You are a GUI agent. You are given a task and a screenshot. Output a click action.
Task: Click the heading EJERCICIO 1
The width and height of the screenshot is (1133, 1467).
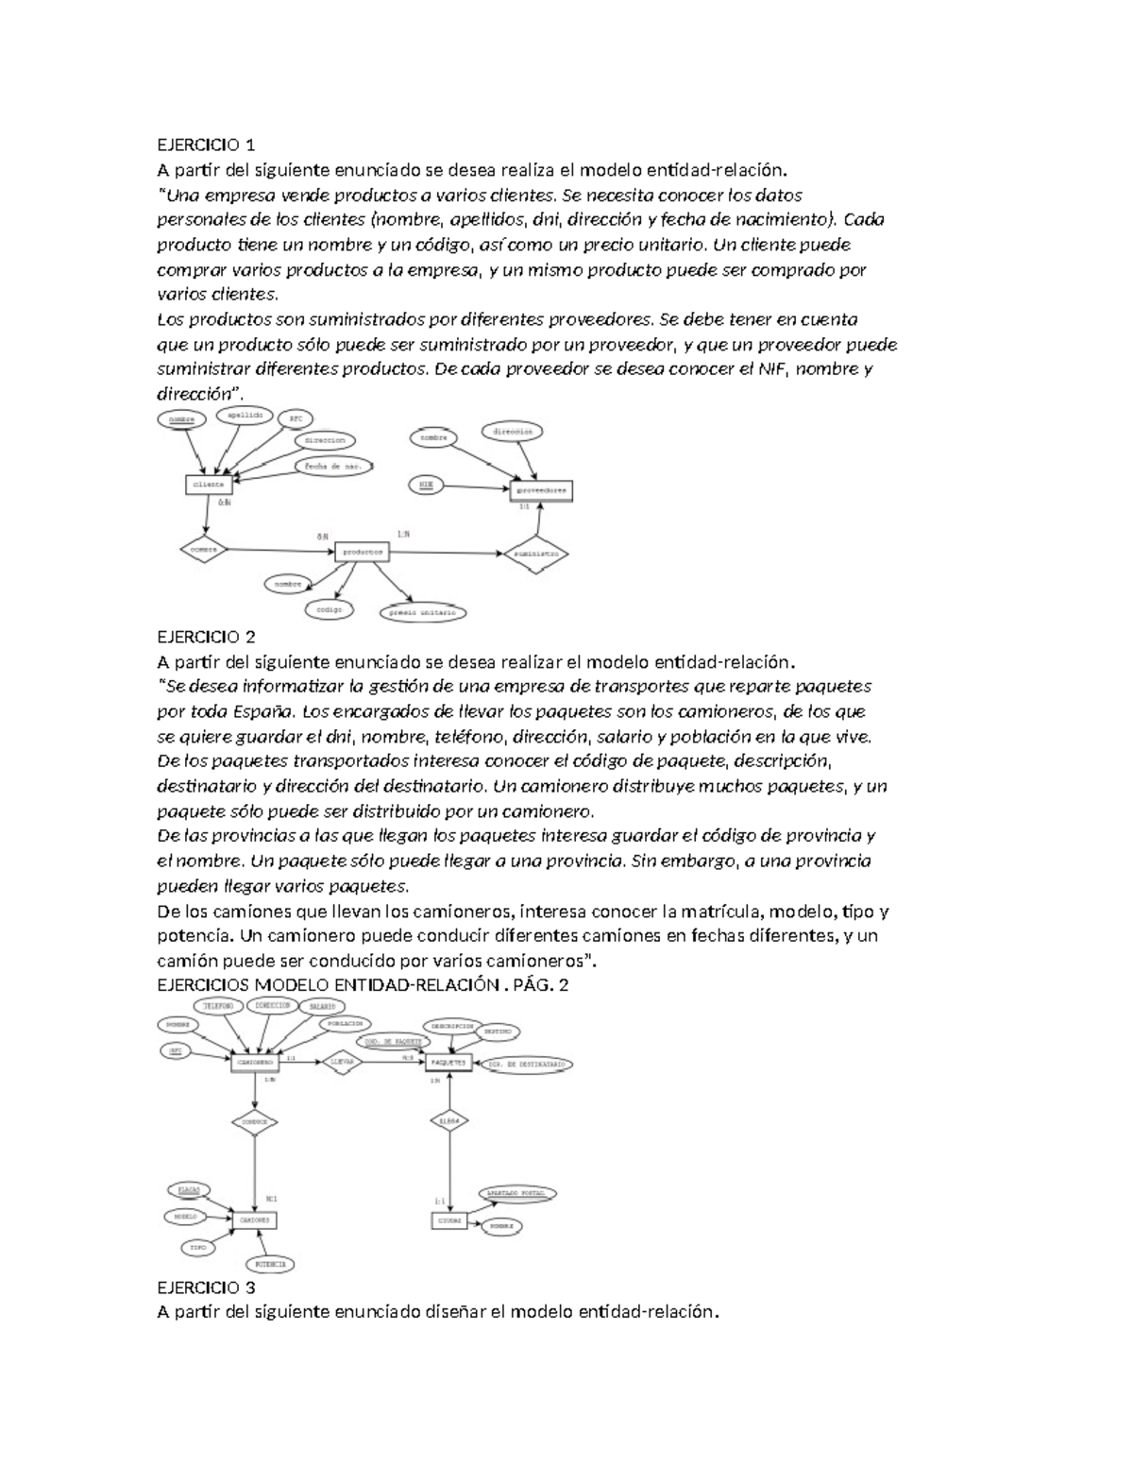pyautogui.click(x=206, y=145)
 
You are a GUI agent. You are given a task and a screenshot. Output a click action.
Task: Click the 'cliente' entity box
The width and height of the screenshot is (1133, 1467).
pyautogui.click(x=209, y=484)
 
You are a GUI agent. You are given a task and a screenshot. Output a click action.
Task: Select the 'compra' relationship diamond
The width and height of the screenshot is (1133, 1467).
pyautogui.click(x=204, y=549)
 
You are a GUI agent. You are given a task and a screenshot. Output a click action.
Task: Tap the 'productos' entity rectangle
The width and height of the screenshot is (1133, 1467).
pyautogui.click(x=362, y=552)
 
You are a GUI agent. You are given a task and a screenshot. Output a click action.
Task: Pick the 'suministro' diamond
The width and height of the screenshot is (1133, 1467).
pyautogui.click(x=536, y=554)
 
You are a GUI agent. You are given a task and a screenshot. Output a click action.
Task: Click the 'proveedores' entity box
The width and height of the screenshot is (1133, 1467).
pyautogui.click(x=541, y=491)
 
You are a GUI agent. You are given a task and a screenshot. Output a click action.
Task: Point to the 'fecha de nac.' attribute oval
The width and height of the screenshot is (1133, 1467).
pyautogui.click(x=334, y=467)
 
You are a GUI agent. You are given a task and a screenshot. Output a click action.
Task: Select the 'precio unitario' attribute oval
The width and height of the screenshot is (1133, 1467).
pyautogui.click(x=424, y=612)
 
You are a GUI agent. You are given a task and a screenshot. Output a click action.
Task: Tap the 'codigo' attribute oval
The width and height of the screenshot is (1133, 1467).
pyautogui.click(x=330, y=610)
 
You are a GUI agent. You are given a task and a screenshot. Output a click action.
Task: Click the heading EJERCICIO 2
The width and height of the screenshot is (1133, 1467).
pyautogui.click(x=206, y=636)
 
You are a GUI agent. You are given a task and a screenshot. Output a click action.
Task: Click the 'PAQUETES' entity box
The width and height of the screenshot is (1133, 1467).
pyautogui.click(x=448, y=1062)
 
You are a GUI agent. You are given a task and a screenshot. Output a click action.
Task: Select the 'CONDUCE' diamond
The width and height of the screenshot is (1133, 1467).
pyautogui.click(x=255, y=1122)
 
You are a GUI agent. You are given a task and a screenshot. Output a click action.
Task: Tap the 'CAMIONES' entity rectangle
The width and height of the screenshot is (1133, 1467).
pyautogui.click(x=254, y=1220)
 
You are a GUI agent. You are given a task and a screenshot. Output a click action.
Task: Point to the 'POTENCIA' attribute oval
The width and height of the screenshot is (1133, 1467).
pyautogui.click(x=271, y=1264)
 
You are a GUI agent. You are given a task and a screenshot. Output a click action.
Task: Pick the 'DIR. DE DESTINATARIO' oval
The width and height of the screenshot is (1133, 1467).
pyautogui.click(x=528, y=1064)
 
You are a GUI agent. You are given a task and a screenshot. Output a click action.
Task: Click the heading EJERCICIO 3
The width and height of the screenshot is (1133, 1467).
pyautogui.click(x=206, y=1288)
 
